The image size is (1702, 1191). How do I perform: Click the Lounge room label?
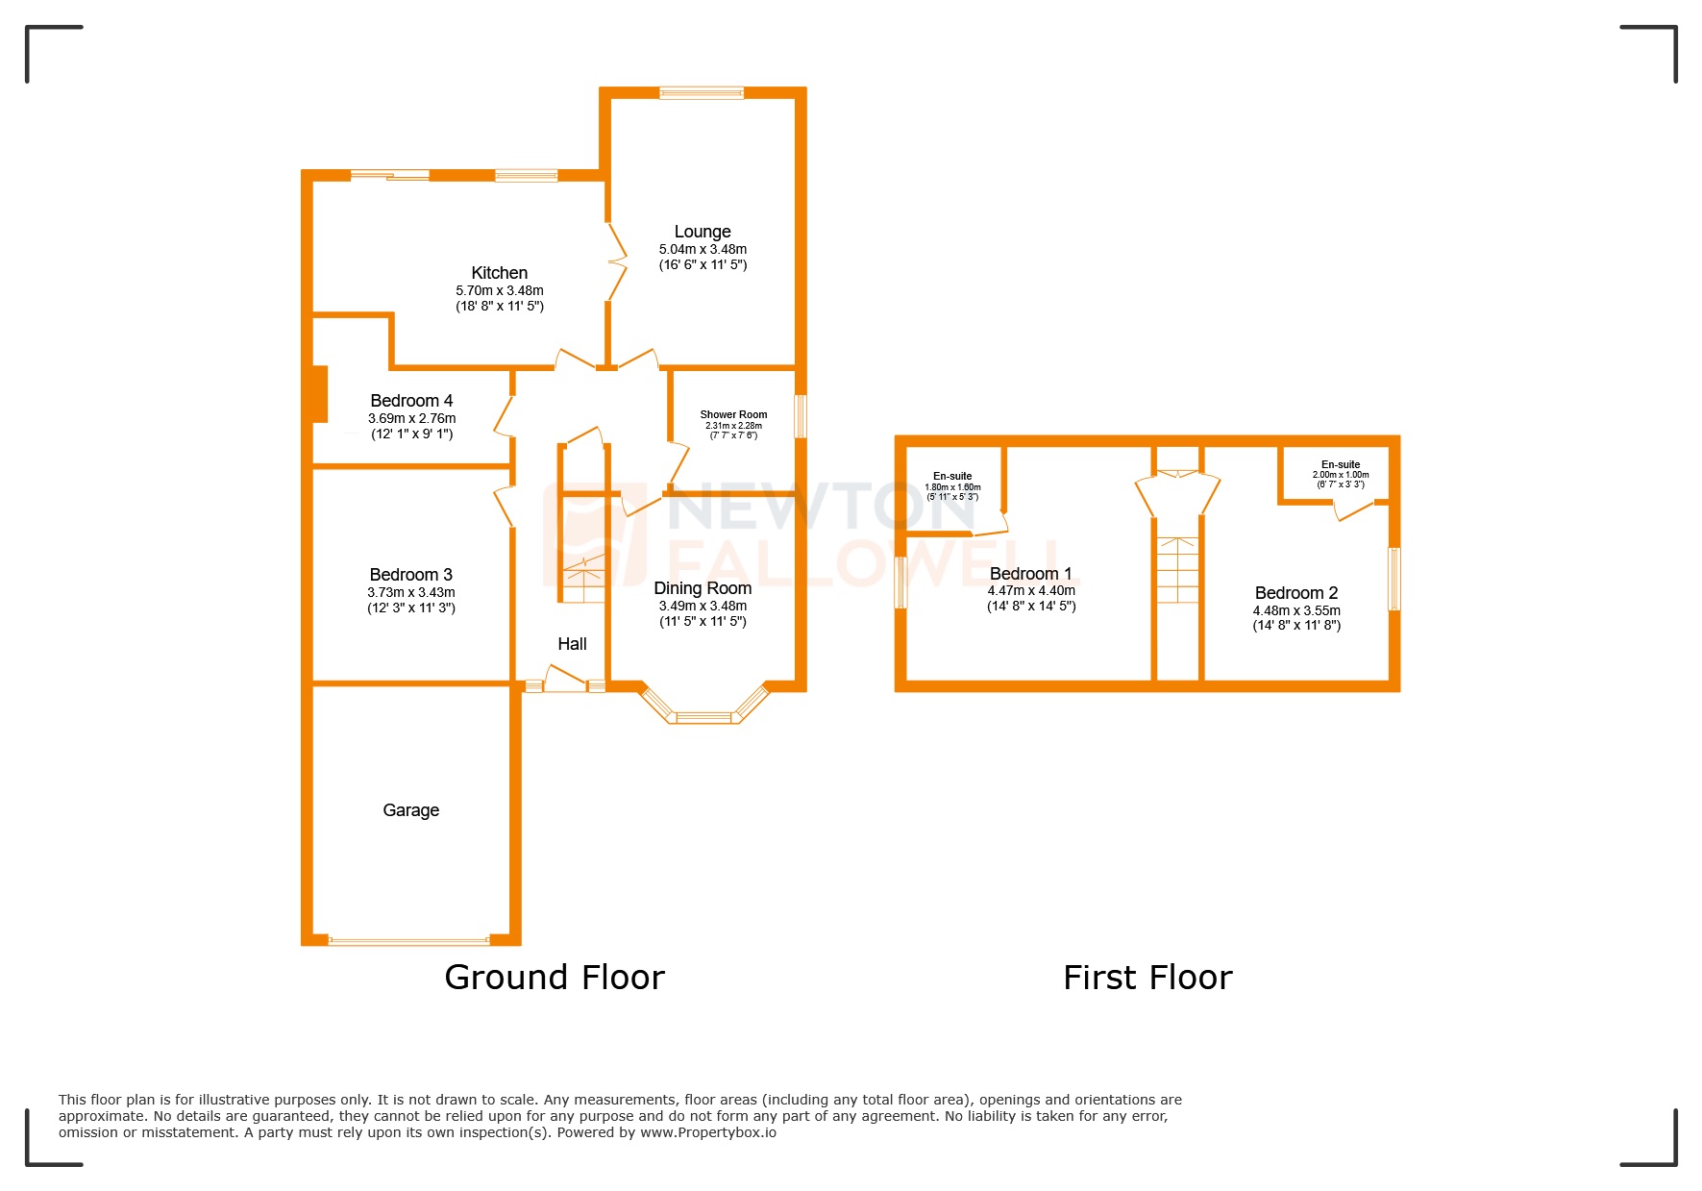pos(703,232)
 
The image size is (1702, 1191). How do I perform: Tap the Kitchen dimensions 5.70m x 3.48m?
pos(500,290)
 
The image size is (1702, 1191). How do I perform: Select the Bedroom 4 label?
pos(411,401)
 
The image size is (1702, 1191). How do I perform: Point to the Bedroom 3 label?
pos(411,575)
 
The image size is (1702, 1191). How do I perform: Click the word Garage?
pos(411,810)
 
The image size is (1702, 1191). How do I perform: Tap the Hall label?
pos(572,644)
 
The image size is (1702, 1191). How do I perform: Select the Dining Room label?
pos(703,588)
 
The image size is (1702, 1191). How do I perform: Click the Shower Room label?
pos(733,414)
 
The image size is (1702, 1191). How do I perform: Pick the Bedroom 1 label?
pos(1030,574)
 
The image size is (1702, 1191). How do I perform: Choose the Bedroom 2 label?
pos(1295,593)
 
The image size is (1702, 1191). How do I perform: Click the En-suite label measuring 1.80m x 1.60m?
pos(952,477)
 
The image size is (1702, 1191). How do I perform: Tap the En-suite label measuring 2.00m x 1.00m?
pos(1341,465)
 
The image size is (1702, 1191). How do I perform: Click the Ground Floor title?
pos(555,978)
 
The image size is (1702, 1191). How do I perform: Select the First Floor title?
pos(1147,978)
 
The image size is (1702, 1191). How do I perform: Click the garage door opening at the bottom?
pos(409,941)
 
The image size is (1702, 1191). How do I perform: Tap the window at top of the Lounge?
pos(702,93)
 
